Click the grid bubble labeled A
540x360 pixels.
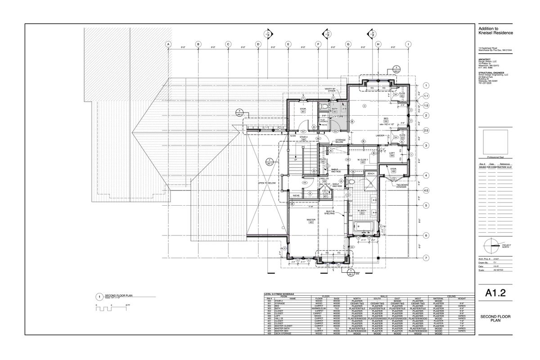[168, 44]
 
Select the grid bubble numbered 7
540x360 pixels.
[426, 258]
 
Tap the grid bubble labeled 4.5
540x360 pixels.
[426, 190]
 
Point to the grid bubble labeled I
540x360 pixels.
[408, 44]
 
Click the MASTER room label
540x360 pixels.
[310, 221]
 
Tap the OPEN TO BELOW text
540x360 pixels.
[267, 184]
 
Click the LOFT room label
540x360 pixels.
[391, 153]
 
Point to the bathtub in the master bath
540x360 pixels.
[366, 227]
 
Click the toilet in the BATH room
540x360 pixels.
[322, 107]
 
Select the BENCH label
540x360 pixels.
[371, 173]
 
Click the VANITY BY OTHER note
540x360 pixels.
[330, 90]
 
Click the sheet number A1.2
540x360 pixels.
[496, 293]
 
